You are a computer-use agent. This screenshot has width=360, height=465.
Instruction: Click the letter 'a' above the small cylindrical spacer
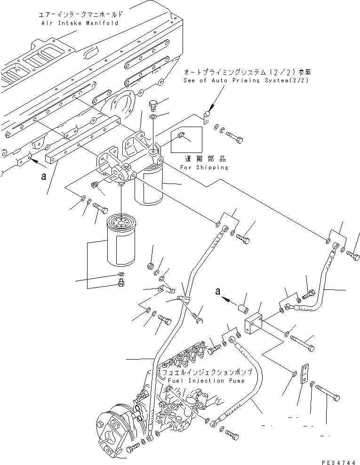point(217,291)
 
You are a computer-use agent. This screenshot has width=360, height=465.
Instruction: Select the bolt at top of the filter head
point(154,104)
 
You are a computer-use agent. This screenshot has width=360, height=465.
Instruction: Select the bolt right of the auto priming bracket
point(234,136)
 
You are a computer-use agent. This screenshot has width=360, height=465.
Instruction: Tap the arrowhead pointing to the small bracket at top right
point(208,109)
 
